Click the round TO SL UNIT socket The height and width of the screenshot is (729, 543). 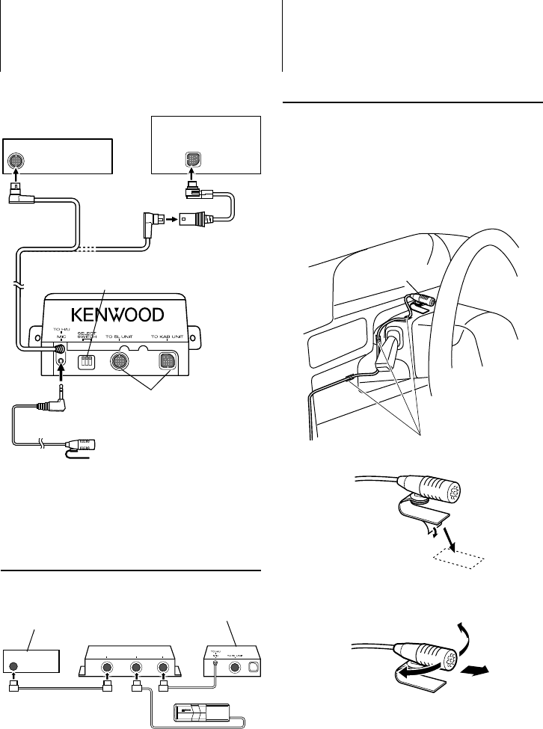pos(120,360)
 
